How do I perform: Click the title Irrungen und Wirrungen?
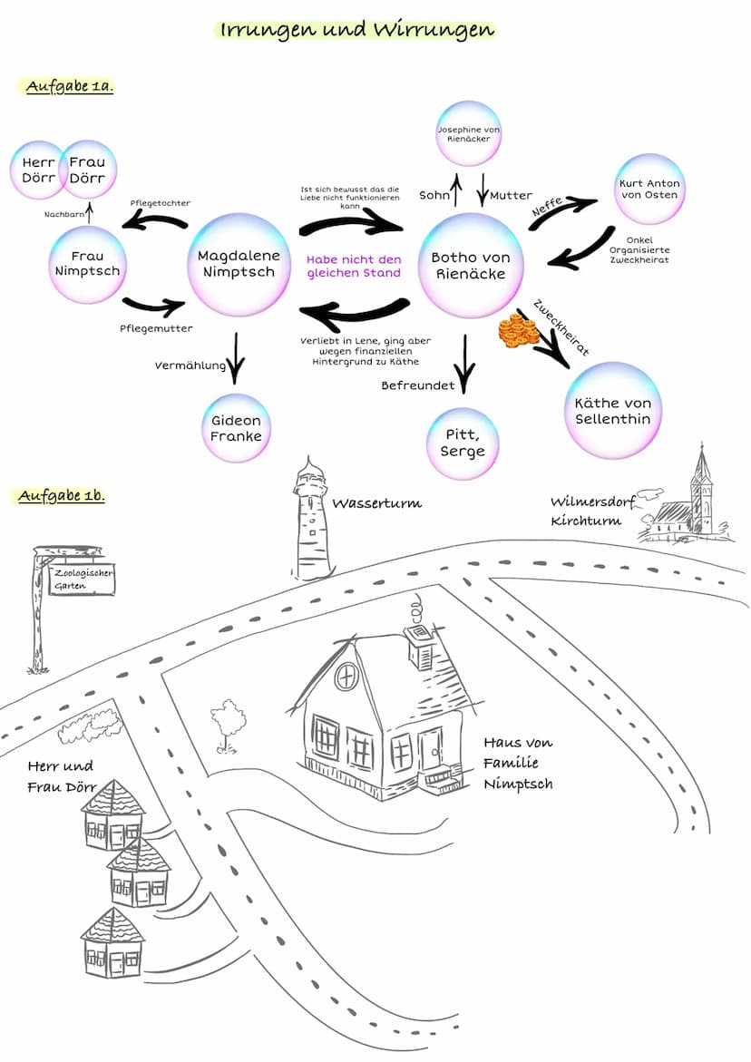pyautogui.click(x=356, y=30)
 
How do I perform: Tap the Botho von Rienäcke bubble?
pyautogui.click(x=471, y=264)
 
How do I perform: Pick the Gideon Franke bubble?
pyautogui.click(x=236, y=428)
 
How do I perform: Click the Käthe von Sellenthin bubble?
pyautogui.click(x=612, y=410)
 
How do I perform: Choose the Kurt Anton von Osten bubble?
pyautogui.click(x=649, y=189)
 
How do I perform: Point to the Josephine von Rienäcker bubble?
pyautogui.click(x=469, y=134)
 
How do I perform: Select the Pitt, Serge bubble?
pyautogui.click(x=463, y=443)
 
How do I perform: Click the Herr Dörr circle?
pyautogui.click(x=37, y=170)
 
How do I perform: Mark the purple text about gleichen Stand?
pyautogui.click(x=354, y=266)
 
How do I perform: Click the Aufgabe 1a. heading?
pyautogui.click(x=69, y=87)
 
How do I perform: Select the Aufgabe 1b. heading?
pyautogui.click(x=62, y=496)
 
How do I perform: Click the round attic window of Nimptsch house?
pyautogui.click(x=346, y=676)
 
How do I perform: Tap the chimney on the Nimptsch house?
pyautogui.click(x=419, y=639)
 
